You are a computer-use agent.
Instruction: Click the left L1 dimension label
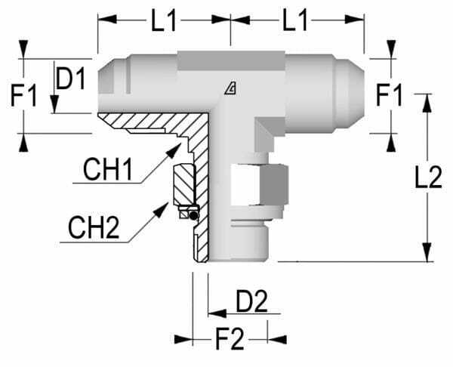164,20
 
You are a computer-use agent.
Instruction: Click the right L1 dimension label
295,20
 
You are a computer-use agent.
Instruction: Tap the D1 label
71,78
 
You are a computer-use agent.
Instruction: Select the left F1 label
23,95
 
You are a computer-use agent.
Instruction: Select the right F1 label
389,95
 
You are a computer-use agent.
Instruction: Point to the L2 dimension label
428,177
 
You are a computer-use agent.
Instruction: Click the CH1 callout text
107,169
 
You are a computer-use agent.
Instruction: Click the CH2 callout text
94,228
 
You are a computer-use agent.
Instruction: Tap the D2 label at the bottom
251,301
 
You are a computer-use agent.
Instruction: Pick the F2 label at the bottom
230,338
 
